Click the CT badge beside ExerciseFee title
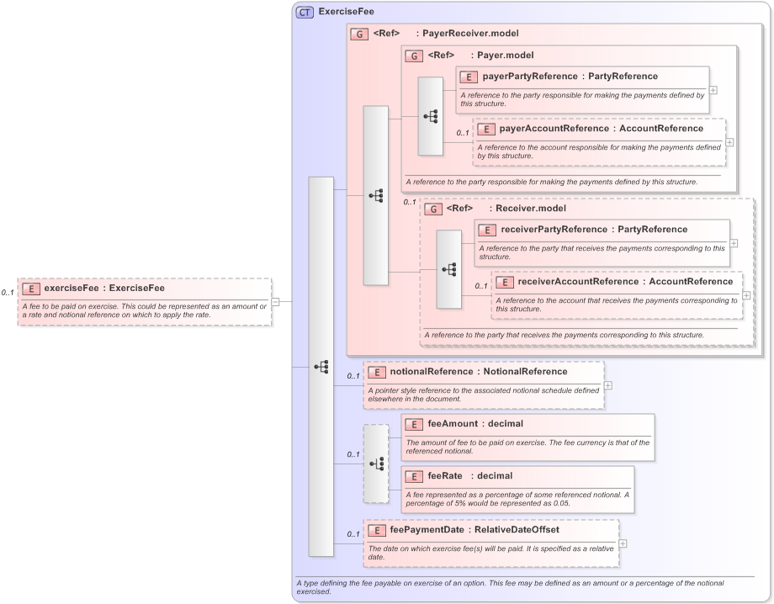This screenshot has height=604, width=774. pyautogui.click(x=305, y=13)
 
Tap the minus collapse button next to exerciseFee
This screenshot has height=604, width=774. pyautogui.click(x=275, y=301)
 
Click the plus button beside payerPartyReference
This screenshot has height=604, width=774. pyautogui.click(x=713, y=89)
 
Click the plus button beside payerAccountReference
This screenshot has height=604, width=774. pyautogui.click(x=729, y=141)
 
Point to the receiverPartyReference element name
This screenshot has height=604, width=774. pyautogui.click(x=554, y=230)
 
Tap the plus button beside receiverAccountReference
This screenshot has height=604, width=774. pyautogui.click(x=746, y=295)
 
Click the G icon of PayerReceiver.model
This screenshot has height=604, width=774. pyautogui.click(x=359, y=34)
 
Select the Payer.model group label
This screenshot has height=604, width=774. pyautogui.click(x=505, y=56)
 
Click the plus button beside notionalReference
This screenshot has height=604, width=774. pyautogui.click(x=608, y=385)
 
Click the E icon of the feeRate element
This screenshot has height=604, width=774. pyautogui.click(x=413, y=476)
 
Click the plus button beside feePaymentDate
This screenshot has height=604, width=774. pyautogui.click(x=623, y=543)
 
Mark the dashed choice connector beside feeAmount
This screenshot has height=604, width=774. pyautogui.click(x=376, y=463)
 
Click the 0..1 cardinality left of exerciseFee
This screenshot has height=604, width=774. pyautogui.click(x=8, y=293)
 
